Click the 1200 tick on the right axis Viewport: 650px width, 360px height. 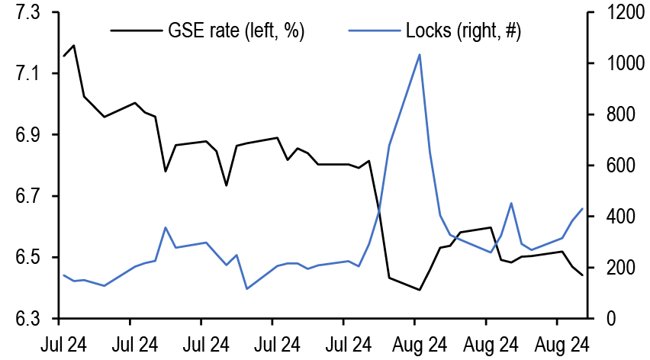point(616,13)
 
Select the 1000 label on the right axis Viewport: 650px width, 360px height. point(616,64)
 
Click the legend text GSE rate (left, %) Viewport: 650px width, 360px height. point(237,31)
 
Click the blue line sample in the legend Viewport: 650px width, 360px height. point(374,31)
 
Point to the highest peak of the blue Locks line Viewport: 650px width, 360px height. point(420,54)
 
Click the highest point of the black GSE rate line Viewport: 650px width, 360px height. point(73,46)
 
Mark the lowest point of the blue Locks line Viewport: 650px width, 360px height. point(246,288)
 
